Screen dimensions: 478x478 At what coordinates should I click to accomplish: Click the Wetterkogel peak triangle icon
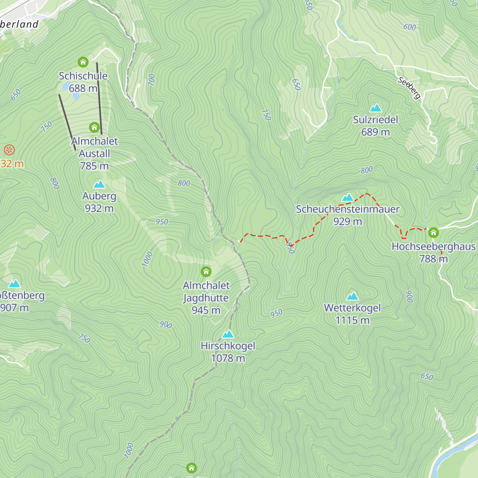352,296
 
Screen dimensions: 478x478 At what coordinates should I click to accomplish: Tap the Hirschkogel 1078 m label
228,352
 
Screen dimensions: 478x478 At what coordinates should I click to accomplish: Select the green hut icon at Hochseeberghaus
433,232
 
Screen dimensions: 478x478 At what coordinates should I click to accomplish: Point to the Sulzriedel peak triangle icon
376,108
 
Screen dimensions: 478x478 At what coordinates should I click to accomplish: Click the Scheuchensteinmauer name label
347,209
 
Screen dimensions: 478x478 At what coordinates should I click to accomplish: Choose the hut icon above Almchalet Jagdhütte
206,272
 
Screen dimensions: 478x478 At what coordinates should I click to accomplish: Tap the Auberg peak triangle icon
99,184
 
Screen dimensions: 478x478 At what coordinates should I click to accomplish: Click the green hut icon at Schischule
83,62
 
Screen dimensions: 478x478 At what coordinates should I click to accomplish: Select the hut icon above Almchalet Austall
94,127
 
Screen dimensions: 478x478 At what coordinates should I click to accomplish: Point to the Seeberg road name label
409,88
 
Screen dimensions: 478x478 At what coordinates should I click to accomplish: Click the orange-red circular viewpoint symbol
9,150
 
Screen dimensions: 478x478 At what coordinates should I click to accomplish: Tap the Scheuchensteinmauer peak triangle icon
348,197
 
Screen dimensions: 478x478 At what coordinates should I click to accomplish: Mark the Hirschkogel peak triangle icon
228,334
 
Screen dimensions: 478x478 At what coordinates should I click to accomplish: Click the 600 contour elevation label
409,27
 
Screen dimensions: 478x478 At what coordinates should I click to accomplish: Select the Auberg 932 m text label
99,202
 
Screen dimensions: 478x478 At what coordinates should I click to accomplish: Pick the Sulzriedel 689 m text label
376,126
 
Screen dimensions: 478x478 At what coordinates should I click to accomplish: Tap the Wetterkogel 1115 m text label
353,314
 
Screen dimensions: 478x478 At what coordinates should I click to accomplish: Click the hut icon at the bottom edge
192,468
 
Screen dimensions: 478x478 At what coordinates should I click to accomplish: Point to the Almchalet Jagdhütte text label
206,298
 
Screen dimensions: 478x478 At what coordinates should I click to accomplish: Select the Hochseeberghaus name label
433,247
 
